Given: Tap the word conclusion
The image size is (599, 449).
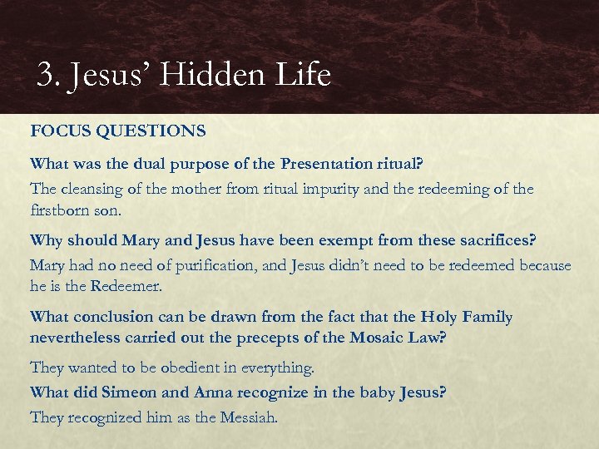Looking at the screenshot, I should pyautogui.click(x=113, y=318).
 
